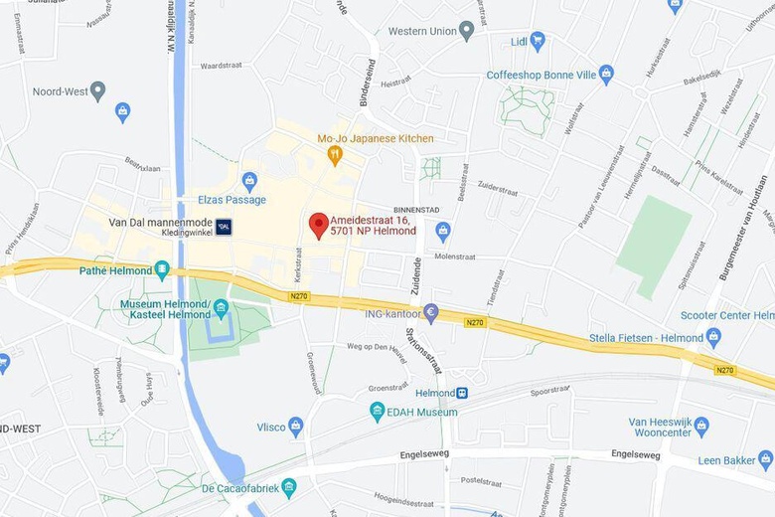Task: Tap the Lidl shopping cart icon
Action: click(538, 41)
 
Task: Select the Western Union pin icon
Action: click(466, 31)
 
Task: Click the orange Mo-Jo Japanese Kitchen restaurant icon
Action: click(336, 154)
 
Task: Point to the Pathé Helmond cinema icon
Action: click(162, 269)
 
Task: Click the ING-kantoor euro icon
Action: click(430, 313)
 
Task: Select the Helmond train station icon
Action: click(462, 393)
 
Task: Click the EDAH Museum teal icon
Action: click(377, 411)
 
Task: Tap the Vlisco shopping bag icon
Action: click(295, 428)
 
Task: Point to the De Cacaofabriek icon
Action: click(288, 487)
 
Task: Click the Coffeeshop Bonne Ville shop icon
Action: click(606, 75)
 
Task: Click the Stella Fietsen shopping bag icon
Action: click(713, 337)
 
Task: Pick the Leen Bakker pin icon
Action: click(765, 459)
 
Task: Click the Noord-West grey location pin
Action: click(97, 91)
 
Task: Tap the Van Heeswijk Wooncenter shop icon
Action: click(701, 427)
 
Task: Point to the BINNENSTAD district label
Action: click(416, 210)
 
